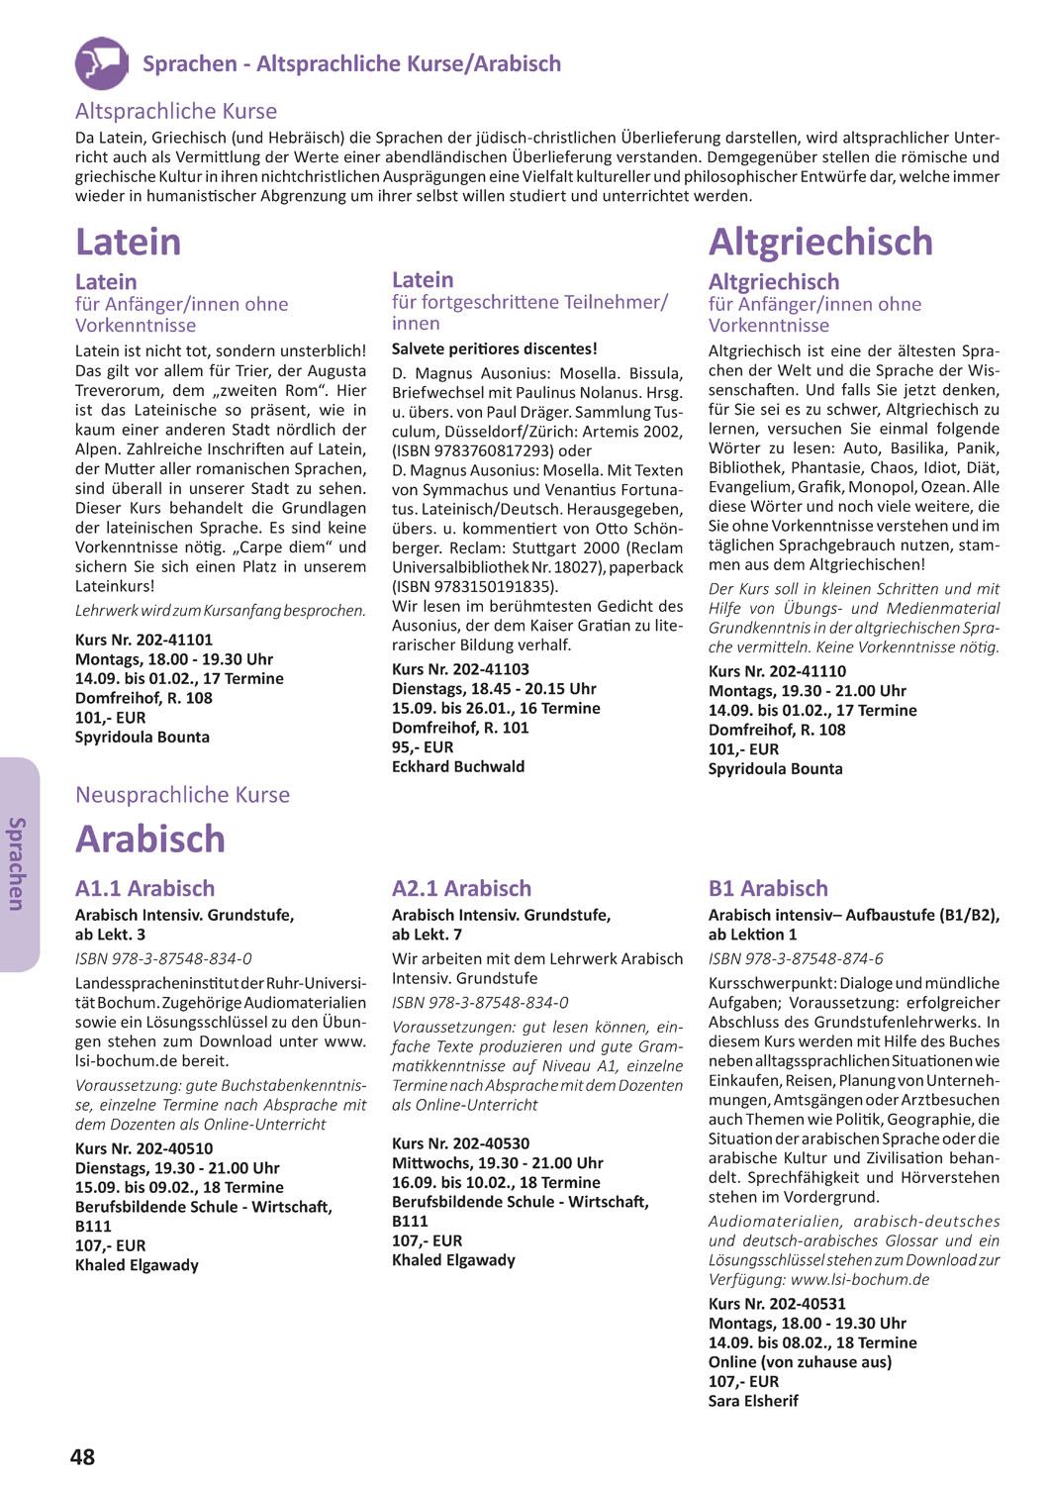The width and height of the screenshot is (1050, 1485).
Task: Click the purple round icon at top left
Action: pos(101,62)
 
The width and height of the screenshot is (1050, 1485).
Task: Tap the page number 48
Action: pos(83,1456)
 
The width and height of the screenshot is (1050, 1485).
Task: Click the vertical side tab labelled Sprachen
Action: pos(18,863)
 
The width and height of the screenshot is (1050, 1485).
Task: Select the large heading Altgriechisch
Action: pos(820,242)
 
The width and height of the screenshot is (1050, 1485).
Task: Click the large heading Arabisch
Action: pos(150,839)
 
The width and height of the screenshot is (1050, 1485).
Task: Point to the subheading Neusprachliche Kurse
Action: pos(182,795)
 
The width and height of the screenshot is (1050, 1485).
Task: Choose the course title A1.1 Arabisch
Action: pos(144,888)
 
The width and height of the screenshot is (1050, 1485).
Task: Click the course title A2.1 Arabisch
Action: pos(461,888)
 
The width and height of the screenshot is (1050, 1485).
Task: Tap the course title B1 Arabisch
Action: pos(768,888)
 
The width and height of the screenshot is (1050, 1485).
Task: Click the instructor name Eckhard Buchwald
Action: pos(458,766)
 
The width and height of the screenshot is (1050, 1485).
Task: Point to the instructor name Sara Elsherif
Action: pos(753,1401)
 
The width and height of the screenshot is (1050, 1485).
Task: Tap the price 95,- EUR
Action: pos(423,747)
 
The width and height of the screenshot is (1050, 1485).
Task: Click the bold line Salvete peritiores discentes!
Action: pos(495,348)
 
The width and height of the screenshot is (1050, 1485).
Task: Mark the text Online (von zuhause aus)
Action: pos(800,1361)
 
